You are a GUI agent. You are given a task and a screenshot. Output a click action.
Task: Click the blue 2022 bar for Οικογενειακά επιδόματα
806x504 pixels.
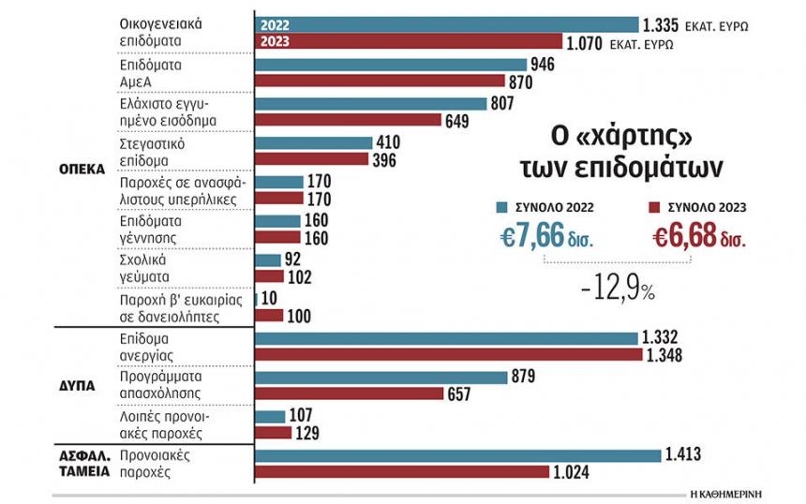pyautogui.click(x=447, y=24)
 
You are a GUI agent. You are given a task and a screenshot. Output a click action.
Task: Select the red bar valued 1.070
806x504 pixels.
pyautogui.click(x=409, y=41)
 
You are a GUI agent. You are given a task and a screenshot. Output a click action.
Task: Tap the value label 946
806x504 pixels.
pyautogui.click(x=543, y=65)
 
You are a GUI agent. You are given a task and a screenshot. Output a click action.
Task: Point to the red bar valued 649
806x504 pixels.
pyautogui.click(x=348, y=120)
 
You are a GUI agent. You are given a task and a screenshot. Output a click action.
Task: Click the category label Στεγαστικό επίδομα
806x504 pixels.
pyautogui.click(x=152, y=152)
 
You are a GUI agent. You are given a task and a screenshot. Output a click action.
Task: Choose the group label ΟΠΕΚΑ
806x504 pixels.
pyautogui.click(x=82, y=170)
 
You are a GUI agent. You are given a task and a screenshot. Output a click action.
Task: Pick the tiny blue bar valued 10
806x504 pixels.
pyautogui.click(x=256, y=300)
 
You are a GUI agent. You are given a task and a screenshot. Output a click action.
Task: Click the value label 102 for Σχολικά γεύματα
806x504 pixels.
pyautogui.click(x=300, y=277)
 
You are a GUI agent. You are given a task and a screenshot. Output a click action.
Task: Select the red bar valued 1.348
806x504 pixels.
pyautogui.click(x=449, y=354)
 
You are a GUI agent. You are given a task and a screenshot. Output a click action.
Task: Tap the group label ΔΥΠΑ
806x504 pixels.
pyautogui.click(x=77, y=386)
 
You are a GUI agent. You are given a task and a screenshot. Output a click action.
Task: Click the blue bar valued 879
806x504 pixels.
pyautogui.click(x=381, y=378)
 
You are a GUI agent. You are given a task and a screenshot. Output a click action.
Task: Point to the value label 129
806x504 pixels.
pyautogui.click(x=307, y=433)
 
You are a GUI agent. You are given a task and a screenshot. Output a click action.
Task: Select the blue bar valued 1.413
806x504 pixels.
pyautogui.click(x=458, y=455)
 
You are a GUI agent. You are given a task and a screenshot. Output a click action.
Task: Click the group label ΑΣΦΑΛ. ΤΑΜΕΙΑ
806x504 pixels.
pyautogui.click(x=84, y=464)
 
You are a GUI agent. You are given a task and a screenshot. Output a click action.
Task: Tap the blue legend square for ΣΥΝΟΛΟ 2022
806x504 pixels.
pyautogui.click(x=501, y=208)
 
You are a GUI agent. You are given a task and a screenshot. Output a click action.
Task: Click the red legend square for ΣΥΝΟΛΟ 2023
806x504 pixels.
pyautogui.click(x=654, y=208)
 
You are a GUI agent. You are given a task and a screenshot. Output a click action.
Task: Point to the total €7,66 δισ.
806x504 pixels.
pyautogui.click(x=546, y=236)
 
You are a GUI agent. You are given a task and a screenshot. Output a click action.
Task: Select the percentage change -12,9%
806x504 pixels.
pyautogui.click(x=618, y=289)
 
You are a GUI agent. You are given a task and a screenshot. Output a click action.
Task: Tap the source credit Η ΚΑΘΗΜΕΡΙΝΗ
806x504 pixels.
pyautogui.click(x=725, y=495)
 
